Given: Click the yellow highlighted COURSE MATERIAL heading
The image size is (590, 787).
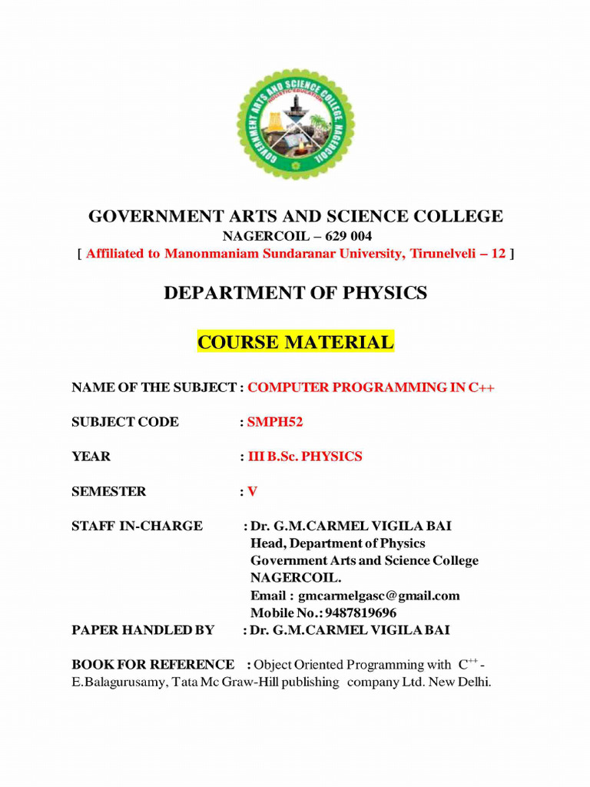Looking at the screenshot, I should (296, 342).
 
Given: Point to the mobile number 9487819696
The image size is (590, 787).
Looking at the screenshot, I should (360, 613).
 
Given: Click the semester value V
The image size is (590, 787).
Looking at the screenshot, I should (252, 491).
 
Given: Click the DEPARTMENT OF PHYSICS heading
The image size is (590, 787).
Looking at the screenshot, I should (296, 293).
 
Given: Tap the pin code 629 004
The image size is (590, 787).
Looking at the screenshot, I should (339, 236).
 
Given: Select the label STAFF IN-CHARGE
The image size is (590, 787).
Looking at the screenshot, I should (137, 526).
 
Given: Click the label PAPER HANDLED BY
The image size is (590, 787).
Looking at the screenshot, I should (143, 630).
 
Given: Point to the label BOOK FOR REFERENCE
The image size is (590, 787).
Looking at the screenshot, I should (153, 665).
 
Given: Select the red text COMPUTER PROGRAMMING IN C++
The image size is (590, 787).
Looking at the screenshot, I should (371, 387).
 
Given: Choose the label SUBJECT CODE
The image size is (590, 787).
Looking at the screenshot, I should (125, 422).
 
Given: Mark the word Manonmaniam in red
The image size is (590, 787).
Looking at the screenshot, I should (191, 254).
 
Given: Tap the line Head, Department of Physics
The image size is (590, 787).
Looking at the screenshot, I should (337, 543).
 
